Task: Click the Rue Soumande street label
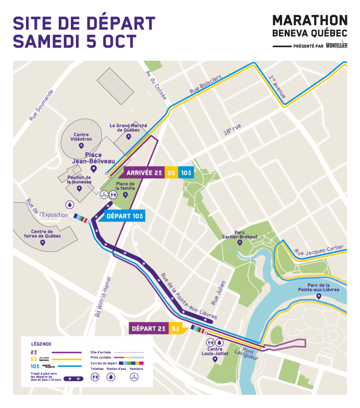coord(41,105)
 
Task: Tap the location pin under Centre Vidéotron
coord(81,146)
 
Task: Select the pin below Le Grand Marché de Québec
coord(129,136)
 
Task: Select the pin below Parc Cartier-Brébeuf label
coord(240,243)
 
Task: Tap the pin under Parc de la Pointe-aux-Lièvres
coord(318,296)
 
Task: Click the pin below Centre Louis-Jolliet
coord(215,359)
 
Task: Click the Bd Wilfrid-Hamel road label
coord(104,297)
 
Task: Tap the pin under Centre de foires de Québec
coord(42,243)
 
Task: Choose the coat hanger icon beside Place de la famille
coord(104,195)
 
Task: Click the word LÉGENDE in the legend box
coord(41,344)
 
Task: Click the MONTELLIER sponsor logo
coord(336,45)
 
